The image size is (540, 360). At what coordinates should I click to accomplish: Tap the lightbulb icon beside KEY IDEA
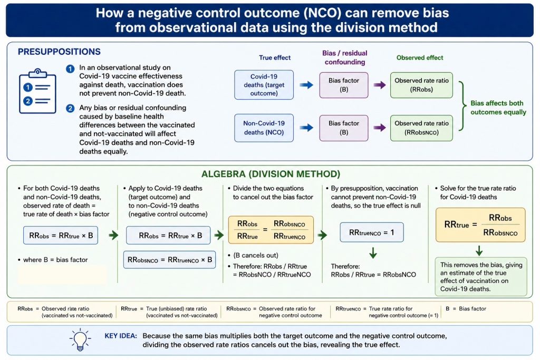(80, 339)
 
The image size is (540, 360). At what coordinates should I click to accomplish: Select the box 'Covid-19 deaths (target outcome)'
(264, 85)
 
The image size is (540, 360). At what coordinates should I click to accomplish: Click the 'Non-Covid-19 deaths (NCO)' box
(264, 128)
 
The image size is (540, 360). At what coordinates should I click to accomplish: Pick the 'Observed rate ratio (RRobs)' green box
(421, 85)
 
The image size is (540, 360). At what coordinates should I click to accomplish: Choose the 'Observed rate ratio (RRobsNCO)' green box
(421, 128)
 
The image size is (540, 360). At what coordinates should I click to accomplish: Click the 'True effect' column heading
(275, 58)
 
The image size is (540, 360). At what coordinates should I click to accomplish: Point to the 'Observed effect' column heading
(420, 58)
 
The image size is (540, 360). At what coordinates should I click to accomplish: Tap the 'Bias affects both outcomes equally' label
(498, 108)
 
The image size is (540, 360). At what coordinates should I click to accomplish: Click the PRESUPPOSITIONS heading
(59, 52)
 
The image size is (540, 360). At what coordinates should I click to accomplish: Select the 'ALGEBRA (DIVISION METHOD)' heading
(271, 174)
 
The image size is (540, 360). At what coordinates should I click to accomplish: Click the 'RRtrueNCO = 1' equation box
(372, 232)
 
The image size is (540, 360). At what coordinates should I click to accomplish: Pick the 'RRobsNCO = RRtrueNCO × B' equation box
(170, 259)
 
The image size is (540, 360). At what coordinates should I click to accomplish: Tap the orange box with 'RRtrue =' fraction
(480, 225)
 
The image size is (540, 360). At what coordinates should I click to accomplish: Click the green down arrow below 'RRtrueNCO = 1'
(373, 253)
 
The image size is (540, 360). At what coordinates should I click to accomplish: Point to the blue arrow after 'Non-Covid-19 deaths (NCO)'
(306, 128)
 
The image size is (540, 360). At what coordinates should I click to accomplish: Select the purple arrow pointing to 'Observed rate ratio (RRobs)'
(380, 85)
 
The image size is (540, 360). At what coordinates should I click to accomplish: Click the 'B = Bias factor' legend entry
(466, 309)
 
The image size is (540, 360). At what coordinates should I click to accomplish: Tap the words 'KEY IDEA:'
(121, 336)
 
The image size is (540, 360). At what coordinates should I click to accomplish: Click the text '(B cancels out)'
(256, 255)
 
